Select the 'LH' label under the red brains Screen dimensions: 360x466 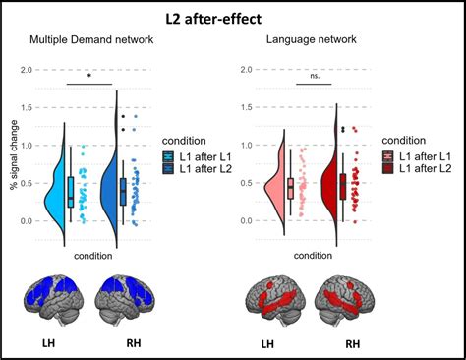pyautogui.click(x=266, y=345)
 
